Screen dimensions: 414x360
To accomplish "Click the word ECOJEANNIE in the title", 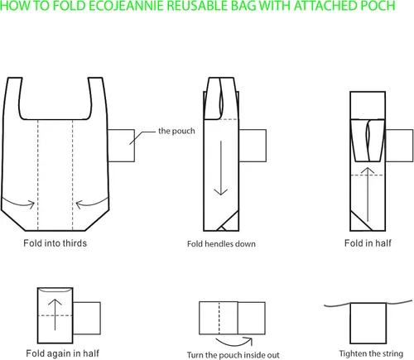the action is pos(128,6).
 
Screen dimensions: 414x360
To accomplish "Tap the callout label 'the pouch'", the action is pos(176,131).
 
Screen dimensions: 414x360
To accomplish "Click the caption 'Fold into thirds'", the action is pos(55,243).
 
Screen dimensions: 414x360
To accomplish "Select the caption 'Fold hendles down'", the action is pos(221,244).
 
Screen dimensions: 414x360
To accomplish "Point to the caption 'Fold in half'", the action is pos(368,243).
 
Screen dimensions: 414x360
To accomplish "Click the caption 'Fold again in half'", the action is pos(62,353).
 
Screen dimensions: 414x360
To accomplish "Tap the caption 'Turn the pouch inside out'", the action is pos(233,355).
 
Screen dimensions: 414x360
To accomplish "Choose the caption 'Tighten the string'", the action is pos(371,353).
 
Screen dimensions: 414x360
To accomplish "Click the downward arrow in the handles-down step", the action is pos(221,168).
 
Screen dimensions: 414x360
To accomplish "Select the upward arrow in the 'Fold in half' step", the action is pos(368,194).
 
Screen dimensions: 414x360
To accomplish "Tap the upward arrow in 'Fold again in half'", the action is pos(55,314).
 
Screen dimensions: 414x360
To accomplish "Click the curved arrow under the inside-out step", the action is pos(234,345).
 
